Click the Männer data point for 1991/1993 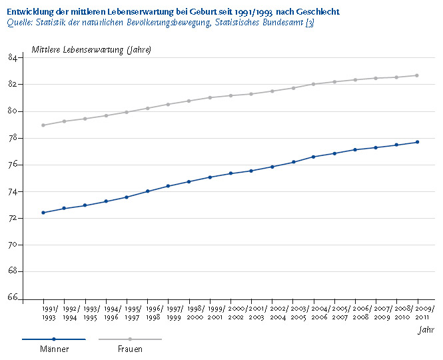(43, 213)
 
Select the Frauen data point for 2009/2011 (417, 75)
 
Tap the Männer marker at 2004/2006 (313, 157)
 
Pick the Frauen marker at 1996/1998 (147, 108)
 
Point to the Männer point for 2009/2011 (417, 142)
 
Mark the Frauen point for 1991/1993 (43, 125)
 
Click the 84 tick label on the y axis (13, 58)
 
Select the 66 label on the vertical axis (13, 297)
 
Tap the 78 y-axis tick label (13, 138)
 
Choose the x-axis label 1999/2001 (217, 313)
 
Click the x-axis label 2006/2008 (361, 313)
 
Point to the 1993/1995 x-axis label (91, 313)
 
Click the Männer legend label (55, 349)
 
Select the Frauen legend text (131, 349)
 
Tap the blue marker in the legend (54, 339)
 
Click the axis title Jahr (426, 330)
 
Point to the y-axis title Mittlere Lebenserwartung (77, 50)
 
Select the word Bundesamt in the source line (283, 23)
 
